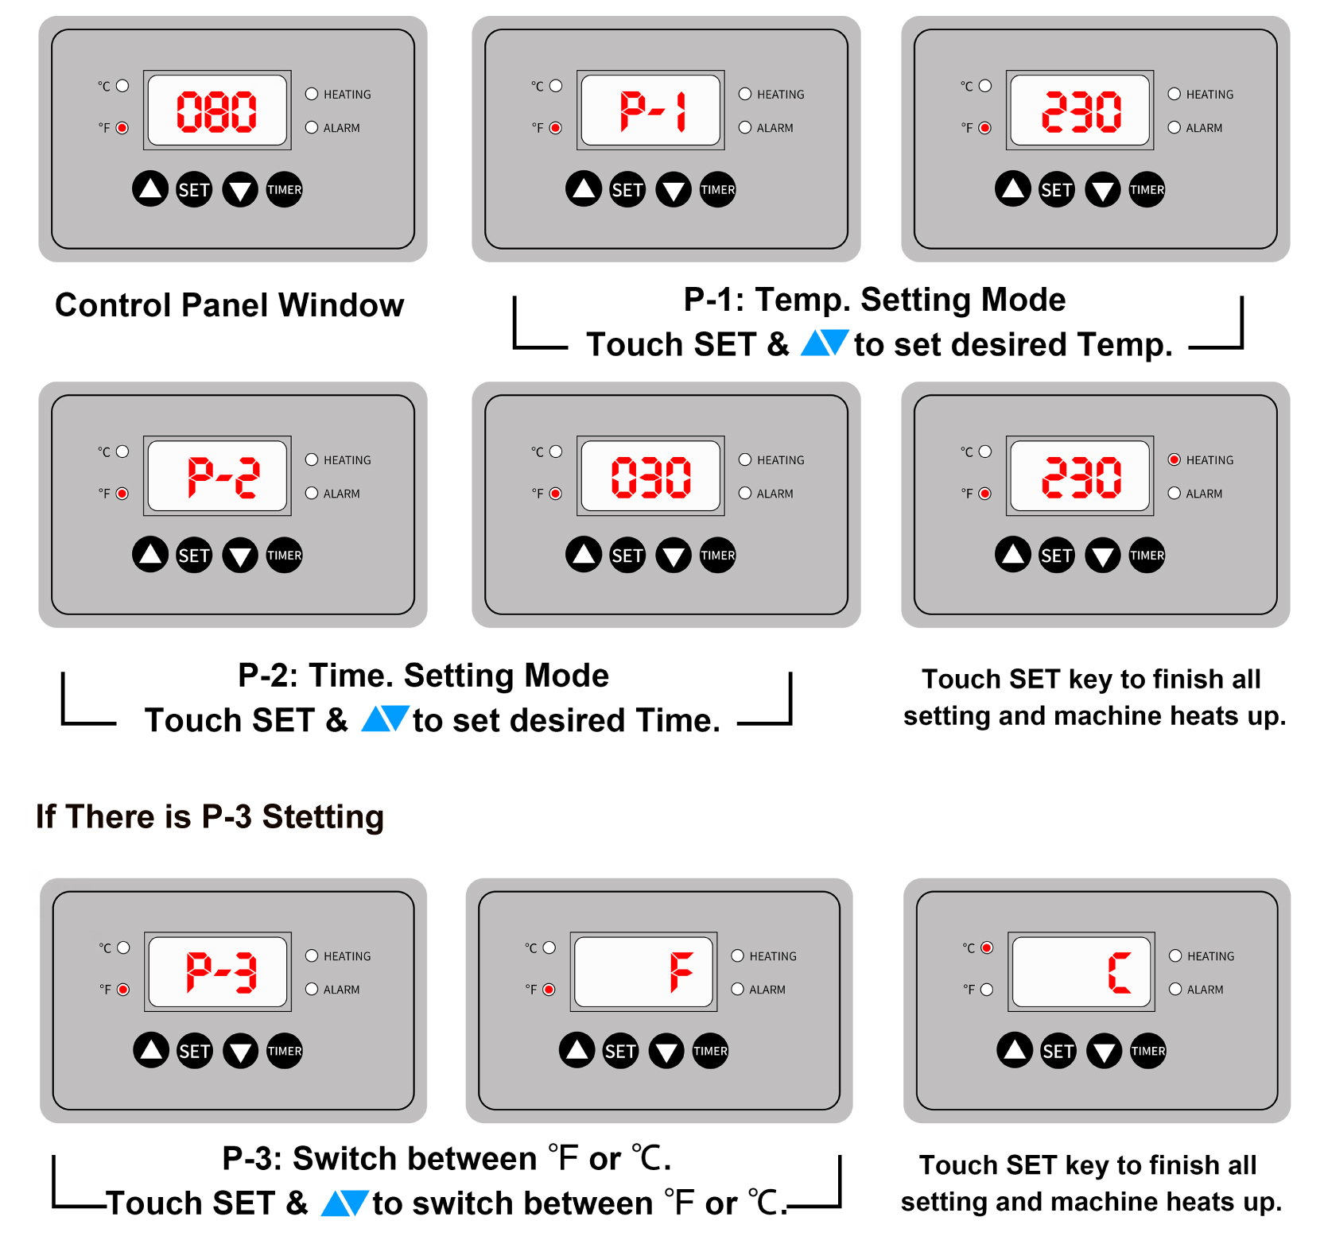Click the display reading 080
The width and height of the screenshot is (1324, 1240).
click(217, 110)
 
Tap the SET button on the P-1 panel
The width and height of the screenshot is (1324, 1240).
click(627, 189)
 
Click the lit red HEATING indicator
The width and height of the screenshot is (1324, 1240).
click(1175, 459)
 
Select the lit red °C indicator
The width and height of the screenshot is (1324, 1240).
click(987, 947)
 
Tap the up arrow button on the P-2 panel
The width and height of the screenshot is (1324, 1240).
click(150, 554)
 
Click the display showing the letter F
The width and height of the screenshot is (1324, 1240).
click(643, 971)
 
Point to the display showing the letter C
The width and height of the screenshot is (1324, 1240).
click(1081, 971)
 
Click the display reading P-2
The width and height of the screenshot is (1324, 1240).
click(217, 475)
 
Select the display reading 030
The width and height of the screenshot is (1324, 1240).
click(650, 475)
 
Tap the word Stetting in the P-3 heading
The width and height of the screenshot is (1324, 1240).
click(323, 818)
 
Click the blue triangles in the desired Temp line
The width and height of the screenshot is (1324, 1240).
click(825, 343)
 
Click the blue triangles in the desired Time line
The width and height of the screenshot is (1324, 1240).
click(386, 719)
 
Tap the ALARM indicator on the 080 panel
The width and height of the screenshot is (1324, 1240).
click(312, 127)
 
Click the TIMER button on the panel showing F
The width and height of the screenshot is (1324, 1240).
click(710, 1051)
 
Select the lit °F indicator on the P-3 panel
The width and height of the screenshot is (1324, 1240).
click(123, 989)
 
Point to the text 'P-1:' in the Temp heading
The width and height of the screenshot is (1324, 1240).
click(714, 300)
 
